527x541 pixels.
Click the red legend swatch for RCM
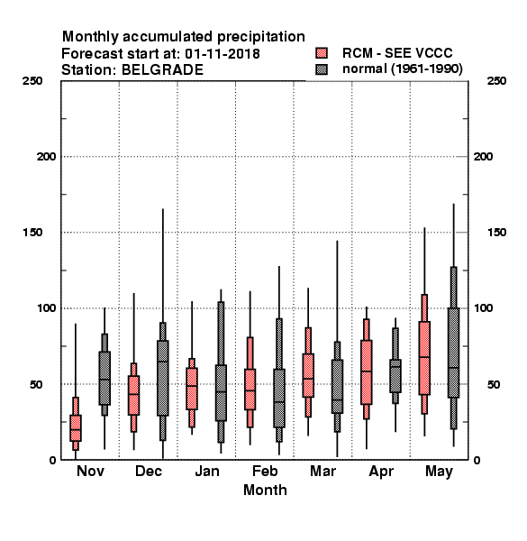[322, 53]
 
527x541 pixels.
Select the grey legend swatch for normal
[322, 69]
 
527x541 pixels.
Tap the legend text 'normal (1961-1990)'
[402, 69]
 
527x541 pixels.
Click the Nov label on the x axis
[90, 471]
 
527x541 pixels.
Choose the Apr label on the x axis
[381, 472]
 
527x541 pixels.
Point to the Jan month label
[207, 471]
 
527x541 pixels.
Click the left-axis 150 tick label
[32, 233]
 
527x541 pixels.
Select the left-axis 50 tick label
[36, 384]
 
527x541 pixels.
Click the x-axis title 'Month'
[265, 490]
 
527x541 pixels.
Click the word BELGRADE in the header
[162, 70]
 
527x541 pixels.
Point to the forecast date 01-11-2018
[223, 54]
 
